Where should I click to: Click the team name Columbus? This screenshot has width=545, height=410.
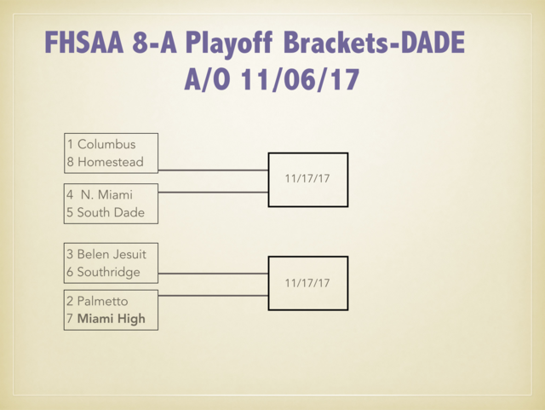coord(106,144)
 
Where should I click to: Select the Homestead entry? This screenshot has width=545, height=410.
coord(110,162)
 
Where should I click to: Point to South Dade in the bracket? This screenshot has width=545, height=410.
coord(111,212)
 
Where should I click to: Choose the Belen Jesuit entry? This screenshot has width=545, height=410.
coord(112,254)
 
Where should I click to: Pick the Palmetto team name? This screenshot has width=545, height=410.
coord(102,301)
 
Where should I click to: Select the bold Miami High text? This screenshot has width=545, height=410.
coord(111,319)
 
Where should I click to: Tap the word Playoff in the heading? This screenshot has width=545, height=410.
coord(232,43)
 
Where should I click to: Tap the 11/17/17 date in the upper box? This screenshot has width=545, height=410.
coord(307,179)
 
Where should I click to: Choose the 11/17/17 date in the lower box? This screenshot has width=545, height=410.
coord(307,282)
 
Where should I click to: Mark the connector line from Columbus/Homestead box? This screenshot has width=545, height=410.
coord(213,170)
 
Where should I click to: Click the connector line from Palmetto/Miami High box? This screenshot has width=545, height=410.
coord(213,295)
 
